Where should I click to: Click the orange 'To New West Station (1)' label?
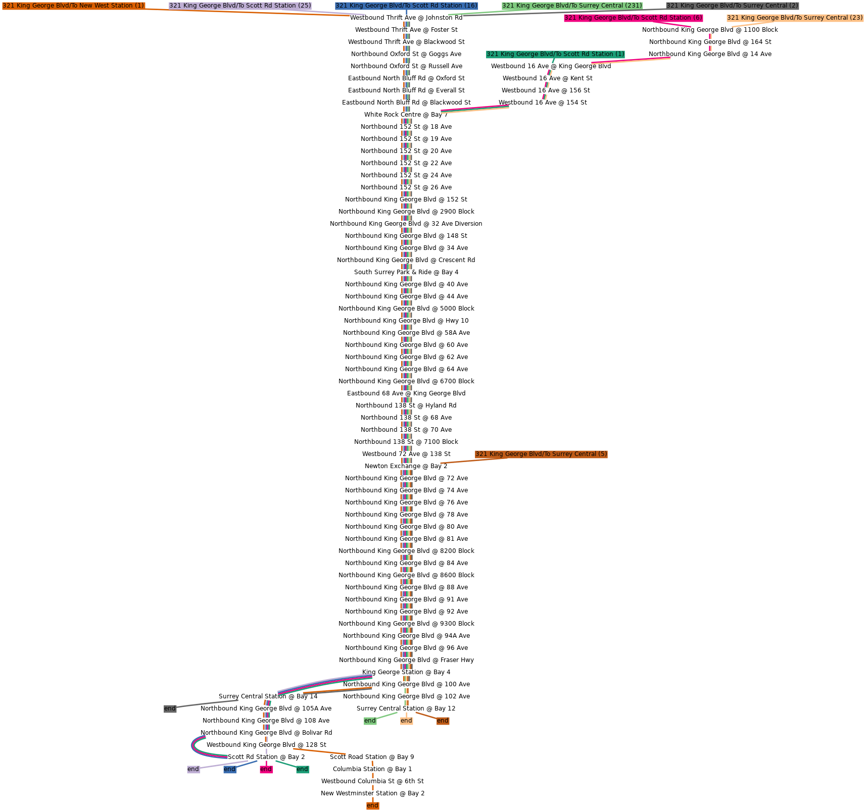(73, 6)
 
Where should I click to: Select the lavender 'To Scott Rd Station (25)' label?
(240, 6)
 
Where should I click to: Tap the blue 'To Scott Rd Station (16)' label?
(406, 6)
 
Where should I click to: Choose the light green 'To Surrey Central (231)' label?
(572, 6)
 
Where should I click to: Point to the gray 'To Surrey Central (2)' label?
(732, 6)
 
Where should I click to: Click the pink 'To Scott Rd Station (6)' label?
(633, 18)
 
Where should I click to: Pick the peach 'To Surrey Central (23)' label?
(795, 18)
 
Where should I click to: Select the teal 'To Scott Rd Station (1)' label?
(555, 54)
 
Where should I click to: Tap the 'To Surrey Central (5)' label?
(541, 454)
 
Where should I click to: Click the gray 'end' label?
(170, 708)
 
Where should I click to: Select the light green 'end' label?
(370, 721)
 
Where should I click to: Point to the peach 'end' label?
(406, 721)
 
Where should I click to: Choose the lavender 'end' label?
(193, 769)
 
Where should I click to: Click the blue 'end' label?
(229, 769)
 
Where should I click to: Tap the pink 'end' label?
(266, 769)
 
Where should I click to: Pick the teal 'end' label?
(302, 769)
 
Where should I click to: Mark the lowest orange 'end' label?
(372, 805)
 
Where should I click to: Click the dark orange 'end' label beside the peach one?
(443, 721)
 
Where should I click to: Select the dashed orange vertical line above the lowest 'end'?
(372, 780)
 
